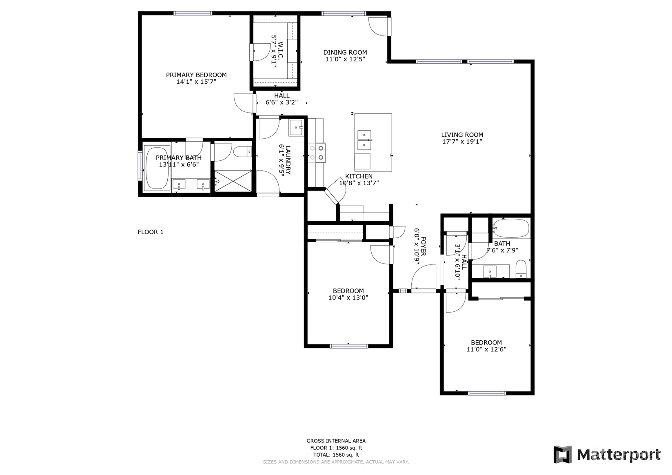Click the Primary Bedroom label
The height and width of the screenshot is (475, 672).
(x=196, y=75)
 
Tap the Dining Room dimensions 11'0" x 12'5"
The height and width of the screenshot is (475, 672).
(x=345, y=59)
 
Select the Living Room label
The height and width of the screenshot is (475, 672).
(x=462, y=135)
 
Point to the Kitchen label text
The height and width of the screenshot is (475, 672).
(x=359, y=176)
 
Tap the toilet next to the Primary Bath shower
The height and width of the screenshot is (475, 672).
(x=243, y=151)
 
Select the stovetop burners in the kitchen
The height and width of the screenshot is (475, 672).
(x=317, y=153)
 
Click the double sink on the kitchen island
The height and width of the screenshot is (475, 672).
(x=364, y=140)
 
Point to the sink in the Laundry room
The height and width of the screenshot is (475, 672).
(x=297, y=128)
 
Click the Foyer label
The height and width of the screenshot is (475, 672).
(x=423, y=246)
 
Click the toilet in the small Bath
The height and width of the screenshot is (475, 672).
(x=521, y=269)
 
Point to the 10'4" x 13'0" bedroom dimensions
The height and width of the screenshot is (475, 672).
(x=348, y=297)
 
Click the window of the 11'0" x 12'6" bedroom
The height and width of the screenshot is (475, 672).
(x=487, y=393)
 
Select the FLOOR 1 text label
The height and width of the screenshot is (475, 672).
(x=151, y=232)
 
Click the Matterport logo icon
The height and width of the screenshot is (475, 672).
(x=563, y=454)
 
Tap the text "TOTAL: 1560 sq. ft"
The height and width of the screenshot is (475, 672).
(x=336, y=455)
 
